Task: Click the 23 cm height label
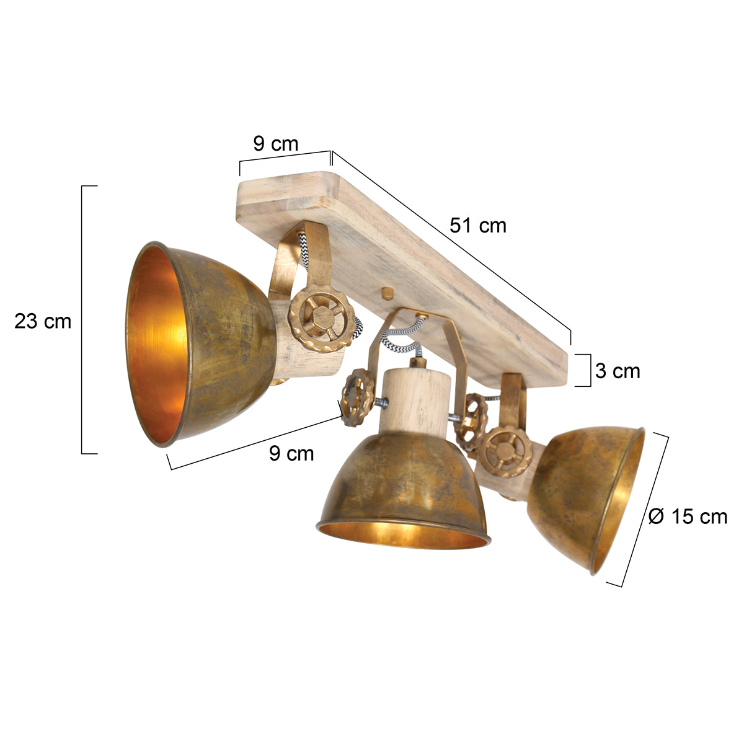[43, 322]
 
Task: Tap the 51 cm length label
[478, 226]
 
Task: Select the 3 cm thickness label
[618, 371]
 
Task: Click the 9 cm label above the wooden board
[275, 144]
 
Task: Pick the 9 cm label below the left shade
[291, 453]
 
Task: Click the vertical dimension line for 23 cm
[82, 319]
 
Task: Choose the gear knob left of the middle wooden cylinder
[356, 397]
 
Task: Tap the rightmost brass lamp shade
[586, 496]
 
